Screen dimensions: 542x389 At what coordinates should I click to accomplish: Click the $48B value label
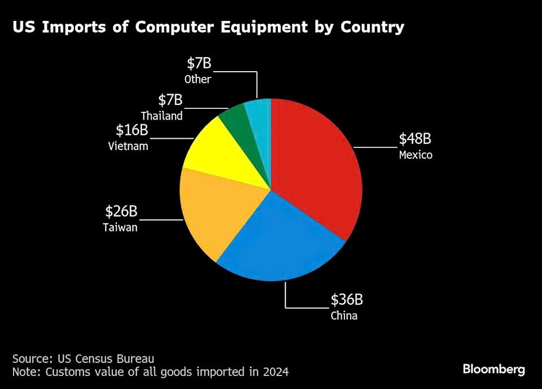(415, 139)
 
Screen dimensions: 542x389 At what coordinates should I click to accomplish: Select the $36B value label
(347, 299)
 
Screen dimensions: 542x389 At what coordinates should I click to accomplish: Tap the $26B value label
(121, 211)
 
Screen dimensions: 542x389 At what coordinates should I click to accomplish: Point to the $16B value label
(132, 130)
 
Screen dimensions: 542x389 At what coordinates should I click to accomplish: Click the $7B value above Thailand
(171, 100)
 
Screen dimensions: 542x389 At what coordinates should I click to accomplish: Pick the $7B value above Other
(199, 63)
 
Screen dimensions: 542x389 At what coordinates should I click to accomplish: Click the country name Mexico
(416, 155)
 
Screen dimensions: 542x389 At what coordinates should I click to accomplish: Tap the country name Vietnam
(128, 146)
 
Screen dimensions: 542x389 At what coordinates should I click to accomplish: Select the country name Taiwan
(120, 227)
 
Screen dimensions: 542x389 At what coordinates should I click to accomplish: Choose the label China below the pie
(344, 316)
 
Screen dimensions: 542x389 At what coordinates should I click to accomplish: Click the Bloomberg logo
(494, 369)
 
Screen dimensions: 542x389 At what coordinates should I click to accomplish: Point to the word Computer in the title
(174, 27)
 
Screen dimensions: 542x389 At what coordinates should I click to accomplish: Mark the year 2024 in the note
(276, 371)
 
